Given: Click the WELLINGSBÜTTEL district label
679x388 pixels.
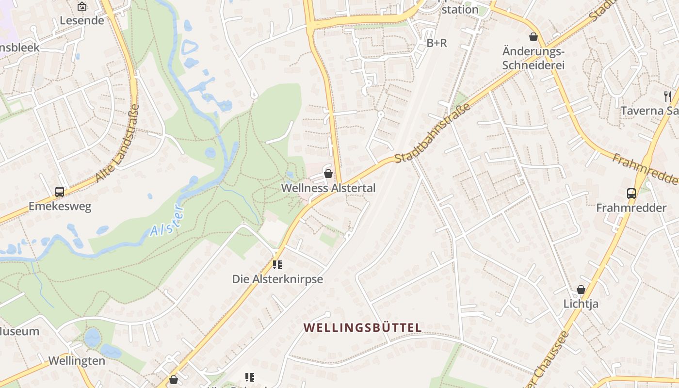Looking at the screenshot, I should [x=363, y=328].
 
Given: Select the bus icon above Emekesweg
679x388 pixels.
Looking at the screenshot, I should [x=60, y=192].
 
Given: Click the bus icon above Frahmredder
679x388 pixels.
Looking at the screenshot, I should [x=631, y=194].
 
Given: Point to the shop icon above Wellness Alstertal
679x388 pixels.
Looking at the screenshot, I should [x=328, y=174].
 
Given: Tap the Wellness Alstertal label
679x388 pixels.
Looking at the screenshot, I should [x=328, y=188].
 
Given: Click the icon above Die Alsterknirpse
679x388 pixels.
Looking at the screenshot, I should [x=277, y=265].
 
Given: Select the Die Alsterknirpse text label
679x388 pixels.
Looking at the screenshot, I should [x=277, y=279].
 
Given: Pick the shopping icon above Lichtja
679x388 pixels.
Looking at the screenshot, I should [x=581, y=290].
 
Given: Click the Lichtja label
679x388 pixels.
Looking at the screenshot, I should [x=581, y=304].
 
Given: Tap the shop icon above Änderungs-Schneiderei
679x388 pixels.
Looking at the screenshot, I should [x=533, y=37].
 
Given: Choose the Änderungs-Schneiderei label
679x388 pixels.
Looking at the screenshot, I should [x=533, y=58].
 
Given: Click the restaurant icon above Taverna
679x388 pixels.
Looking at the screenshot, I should [x=668, y=96].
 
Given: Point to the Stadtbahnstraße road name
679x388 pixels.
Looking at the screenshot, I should [x=433, y=133].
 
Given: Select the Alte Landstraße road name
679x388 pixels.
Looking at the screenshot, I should [x=118, y=144].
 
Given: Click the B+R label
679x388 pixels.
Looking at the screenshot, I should [x=436, y=43].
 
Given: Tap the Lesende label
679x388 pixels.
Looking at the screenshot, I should [x=82, y=20].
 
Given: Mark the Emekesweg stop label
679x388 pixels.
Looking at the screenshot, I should [x=60, y=207].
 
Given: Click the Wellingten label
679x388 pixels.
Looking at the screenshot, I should [x=77, y=361].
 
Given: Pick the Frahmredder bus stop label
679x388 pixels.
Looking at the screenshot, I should [x=631, y=208].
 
